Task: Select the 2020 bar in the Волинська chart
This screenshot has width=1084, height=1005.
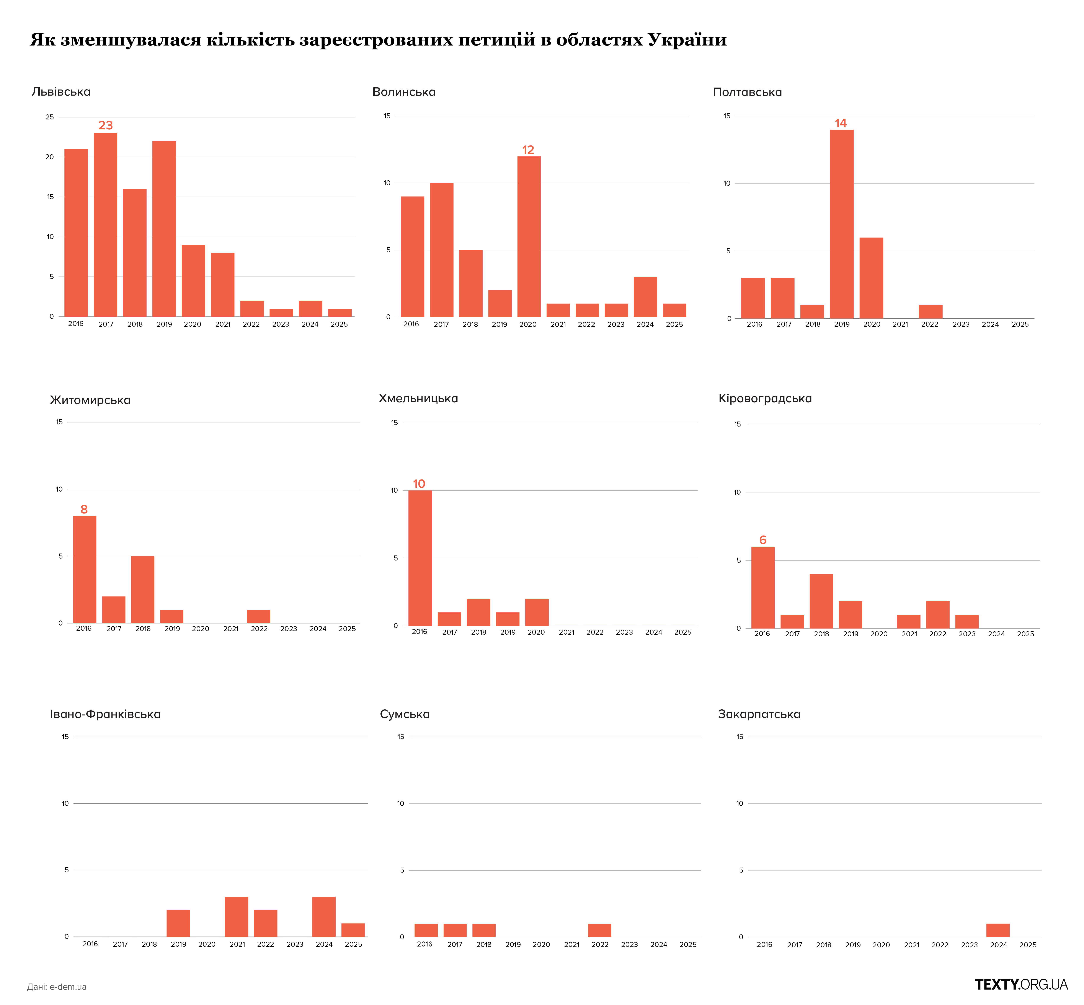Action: point(529,237)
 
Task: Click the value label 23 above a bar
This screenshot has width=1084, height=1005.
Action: point(106,125)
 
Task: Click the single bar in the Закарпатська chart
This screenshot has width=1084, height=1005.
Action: point(997,930)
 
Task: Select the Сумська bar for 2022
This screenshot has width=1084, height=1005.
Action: point(599,930)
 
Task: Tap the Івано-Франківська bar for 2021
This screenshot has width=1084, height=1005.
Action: point(237,916)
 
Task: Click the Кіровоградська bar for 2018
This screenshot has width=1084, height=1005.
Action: point(821,601)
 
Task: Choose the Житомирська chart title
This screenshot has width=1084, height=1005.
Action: point(90,400)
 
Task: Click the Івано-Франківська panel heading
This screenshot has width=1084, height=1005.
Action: point(106,714)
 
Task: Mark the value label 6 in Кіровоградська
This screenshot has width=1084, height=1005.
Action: point(762,540)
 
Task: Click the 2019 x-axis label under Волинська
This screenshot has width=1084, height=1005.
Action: point(499,325)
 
